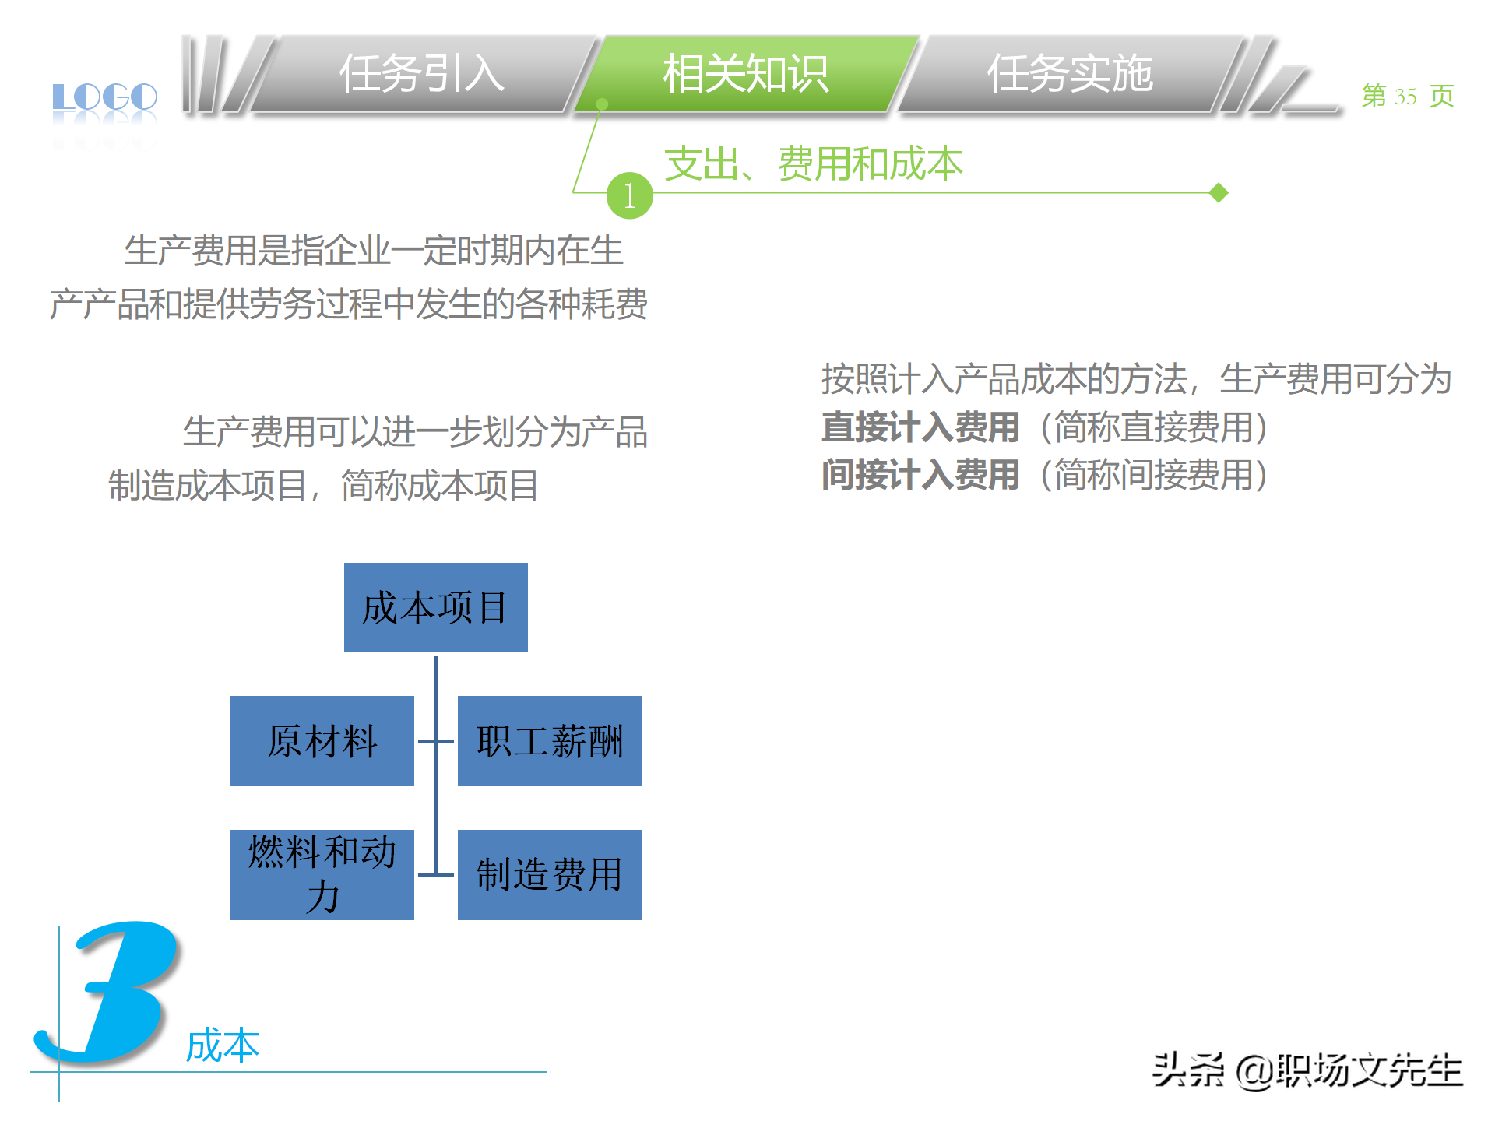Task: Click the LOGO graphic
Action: tap(104, 98)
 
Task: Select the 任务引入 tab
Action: tap(421, 74)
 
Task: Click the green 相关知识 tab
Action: tap(745, 74)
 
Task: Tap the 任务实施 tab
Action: tap(1069, 74)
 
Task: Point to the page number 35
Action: tap(1405, 97)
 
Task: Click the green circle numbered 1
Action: tap(629, 195)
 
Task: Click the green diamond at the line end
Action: tap(1219, 192)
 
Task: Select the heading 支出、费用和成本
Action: tap(813, 163)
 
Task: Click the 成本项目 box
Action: tap(435, 607)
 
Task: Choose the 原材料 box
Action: tap(322, 741)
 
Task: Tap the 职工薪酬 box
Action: tap(550, 741)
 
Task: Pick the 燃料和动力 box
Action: tap(322, 874)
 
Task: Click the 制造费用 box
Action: tap(550, 874)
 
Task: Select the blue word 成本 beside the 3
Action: tap(223, 1045)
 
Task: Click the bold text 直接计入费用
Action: tap(920, 427)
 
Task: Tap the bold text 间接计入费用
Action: tap(920, 475)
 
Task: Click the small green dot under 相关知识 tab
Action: tap(601, 104)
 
